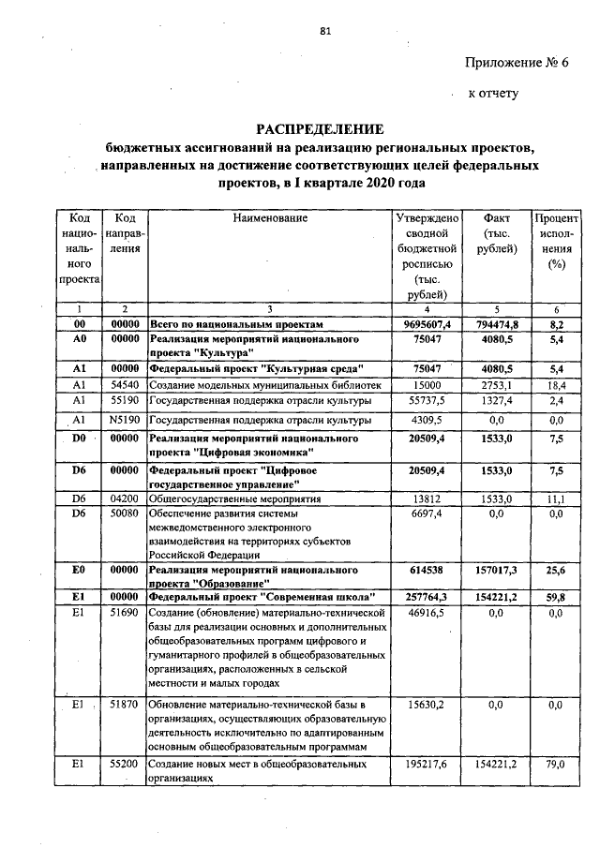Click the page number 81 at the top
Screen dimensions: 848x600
point(325,31)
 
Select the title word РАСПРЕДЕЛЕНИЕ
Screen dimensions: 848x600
point(322,128)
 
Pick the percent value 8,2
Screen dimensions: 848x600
point(555,323)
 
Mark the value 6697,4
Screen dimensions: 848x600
point(427,514)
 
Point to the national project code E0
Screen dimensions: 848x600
point(80,569)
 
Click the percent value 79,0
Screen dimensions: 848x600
point(555,765)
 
